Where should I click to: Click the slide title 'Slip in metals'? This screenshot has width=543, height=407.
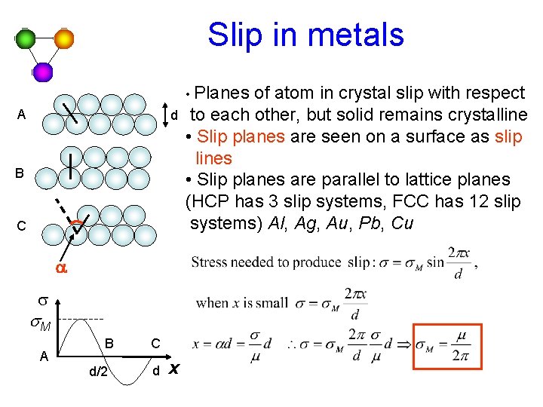click(305, 35)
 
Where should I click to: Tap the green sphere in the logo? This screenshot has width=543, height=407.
click(26, 39)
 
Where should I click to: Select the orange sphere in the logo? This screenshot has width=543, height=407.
click(63, 38)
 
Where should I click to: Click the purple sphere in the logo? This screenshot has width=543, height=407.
click(43, 72)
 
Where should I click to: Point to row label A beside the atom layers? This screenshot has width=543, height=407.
click(21, 115)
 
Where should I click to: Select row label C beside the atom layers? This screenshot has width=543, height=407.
click(21, 225)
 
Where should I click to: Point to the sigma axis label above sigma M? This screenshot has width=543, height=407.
click(43, 301)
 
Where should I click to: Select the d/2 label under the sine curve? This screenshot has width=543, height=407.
click(97, 371)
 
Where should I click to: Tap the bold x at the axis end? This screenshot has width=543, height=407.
click(174, 369)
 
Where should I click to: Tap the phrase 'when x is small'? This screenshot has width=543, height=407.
click(241, 303)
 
